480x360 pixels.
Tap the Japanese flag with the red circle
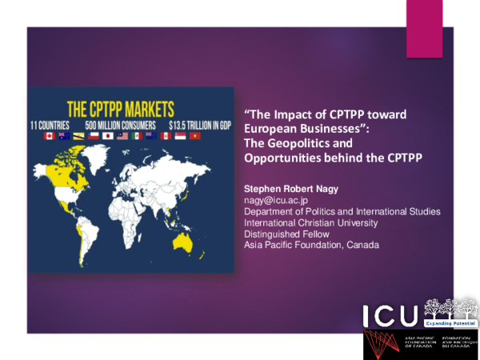pos(107,137)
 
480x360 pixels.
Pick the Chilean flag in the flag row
pos(93,137)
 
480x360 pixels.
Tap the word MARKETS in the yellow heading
pos(153,108)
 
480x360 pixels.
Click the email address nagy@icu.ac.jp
pos(270,199)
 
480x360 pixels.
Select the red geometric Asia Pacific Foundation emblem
pos(383,344)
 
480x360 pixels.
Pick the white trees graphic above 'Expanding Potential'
pos(449,308)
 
